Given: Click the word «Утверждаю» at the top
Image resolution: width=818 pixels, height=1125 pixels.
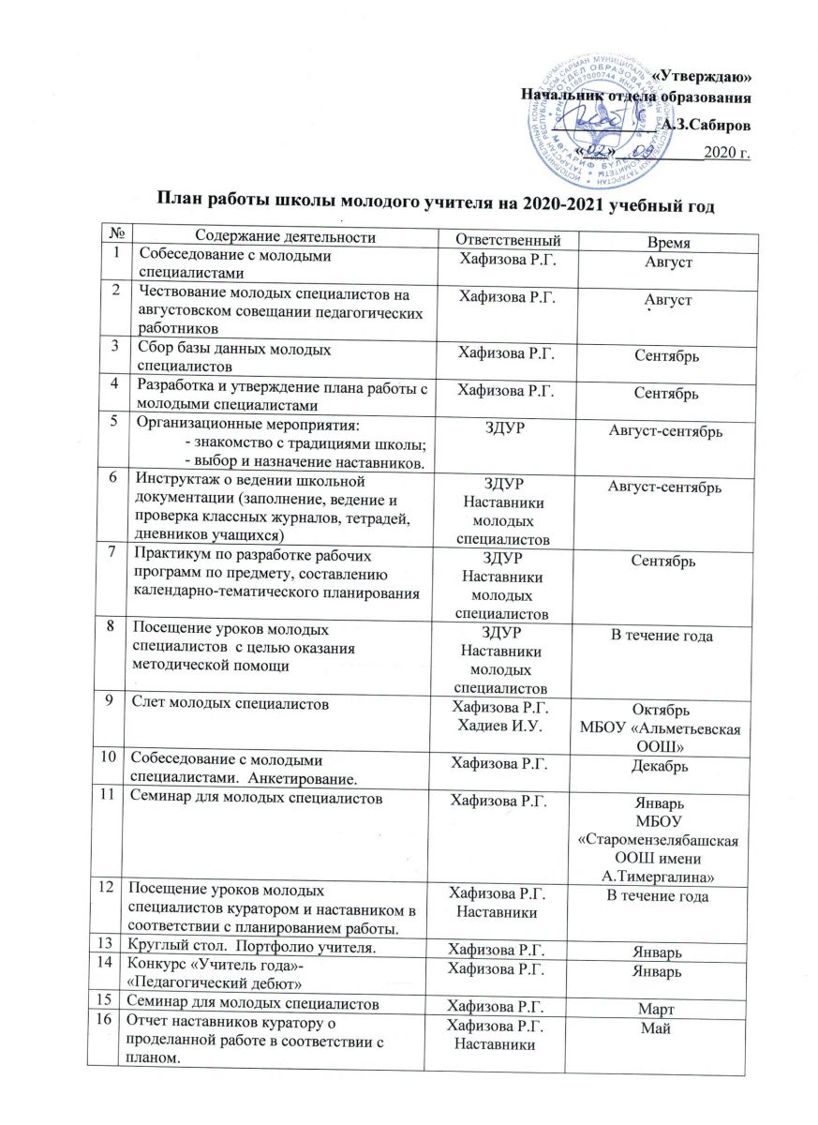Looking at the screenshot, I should tap(701, 76).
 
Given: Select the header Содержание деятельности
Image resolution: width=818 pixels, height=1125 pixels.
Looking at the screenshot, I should tap(287, 237).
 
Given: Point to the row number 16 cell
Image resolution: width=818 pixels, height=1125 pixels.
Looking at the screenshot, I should tap(113, 1022).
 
